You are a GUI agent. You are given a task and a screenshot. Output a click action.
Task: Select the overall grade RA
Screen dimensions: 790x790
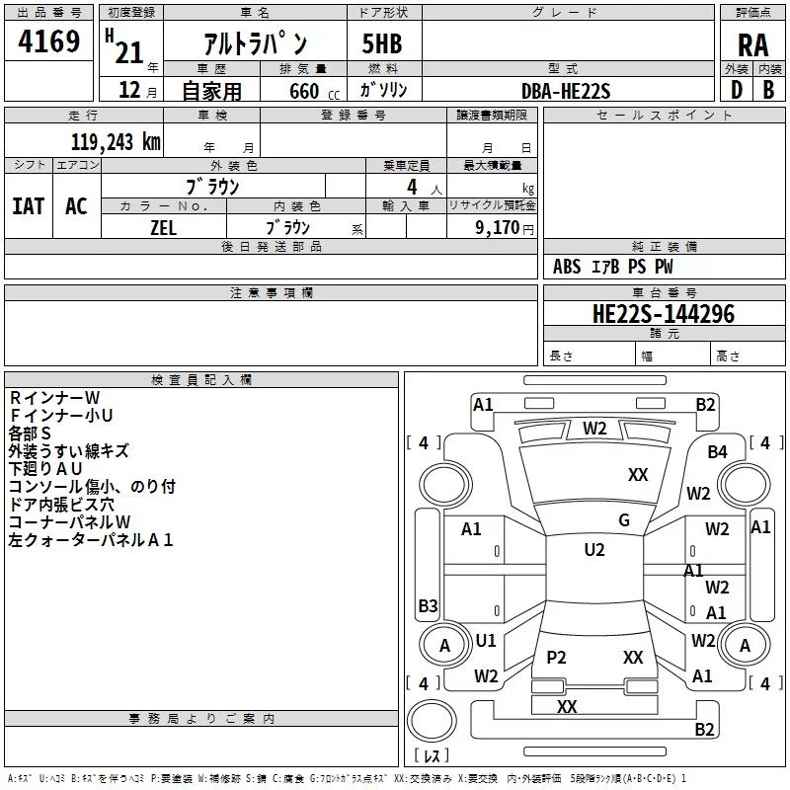(x=752, y=45)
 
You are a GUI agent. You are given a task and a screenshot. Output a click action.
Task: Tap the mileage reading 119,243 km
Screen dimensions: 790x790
(x=116, y=141)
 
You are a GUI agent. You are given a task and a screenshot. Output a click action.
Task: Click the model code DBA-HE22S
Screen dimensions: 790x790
(x=566, y=91)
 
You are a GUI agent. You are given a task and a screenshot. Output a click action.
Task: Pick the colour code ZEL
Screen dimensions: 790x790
(x=163, y=226)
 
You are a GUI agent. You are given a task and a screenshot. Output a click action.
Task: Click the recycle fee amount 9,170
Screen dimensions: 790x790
(x=498, y=227)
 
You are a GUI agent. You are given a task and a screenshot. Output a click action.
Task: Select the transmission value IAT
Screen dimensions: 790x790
(x=29, y=206)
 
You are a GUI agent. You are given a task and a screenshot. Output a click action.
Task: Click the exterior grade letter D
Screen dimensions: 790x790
(x=736, y=90)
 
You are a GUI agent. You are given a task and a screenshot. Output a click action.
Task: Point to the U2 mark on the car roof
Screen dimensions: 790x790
(x=593, y=550)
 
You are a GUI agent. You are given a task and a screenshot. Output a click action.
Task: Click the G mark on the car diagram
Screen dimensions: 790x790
(x=623, y=519)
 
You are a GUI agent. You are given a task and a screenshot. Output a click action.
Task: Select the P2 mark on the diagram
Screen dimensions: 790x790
(x=556, y=658)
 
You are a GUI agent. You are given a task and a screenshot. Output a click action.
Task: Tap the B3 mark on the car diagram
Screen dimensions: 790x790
(x=428, y=605)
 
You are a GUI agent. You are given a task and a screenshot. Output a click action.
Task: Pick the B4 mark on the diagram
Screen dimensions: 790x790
(x=717, y=452)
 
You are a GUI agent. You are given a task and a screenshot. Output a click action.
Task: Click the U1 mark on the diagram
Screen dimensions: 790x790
(x=486, y=641)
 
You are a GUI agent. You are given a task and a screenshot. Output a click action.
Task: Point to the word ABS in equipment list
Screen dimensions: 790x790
(x=567, y=267)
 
